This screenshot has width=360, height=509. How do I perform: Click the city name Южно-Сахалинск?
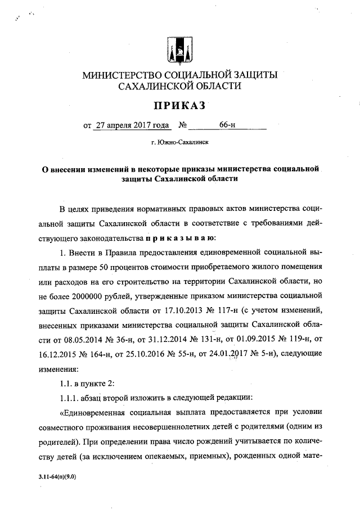179,143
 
